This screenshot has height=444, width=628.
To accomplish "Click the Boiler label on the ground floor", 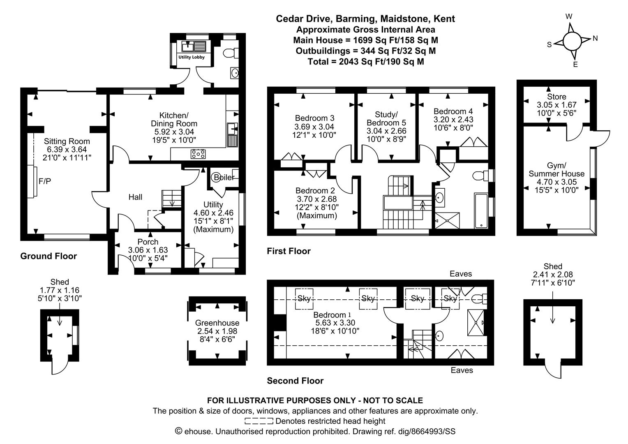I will point(224,178).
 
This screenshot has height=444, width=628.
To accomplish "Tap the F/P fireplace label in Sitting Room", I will point(45,181).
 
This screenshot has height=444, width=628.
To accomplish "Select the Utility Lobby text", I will point(191,57).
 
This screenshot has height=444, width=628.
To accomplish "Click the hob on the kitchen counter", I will point(198,154).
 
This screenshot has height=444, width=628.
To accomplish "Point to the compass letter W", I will point(569,16).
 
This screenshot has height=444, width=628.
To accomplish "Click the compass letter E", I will point(575,64).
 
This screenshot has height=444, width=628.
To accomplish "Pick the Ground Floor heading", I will point(48,256).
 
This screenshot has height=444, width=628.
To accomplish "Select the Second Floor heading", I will point(295,381).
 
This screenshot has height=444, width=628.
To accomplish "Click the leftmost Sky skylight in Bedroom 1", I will point(305,298).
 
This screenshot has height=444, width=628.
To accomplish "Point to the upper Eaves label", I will point(461,274).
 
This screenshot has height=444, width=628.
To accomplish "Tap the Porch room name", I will point(148,242).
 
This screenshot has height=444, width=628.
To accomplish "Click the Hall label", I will point(135,197).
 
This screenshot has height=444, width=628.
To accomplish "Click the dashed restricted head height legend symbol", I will point(259,421).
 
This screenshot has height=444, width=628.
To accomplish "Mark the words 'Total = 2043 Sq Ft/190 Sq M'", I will point(366,62).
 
